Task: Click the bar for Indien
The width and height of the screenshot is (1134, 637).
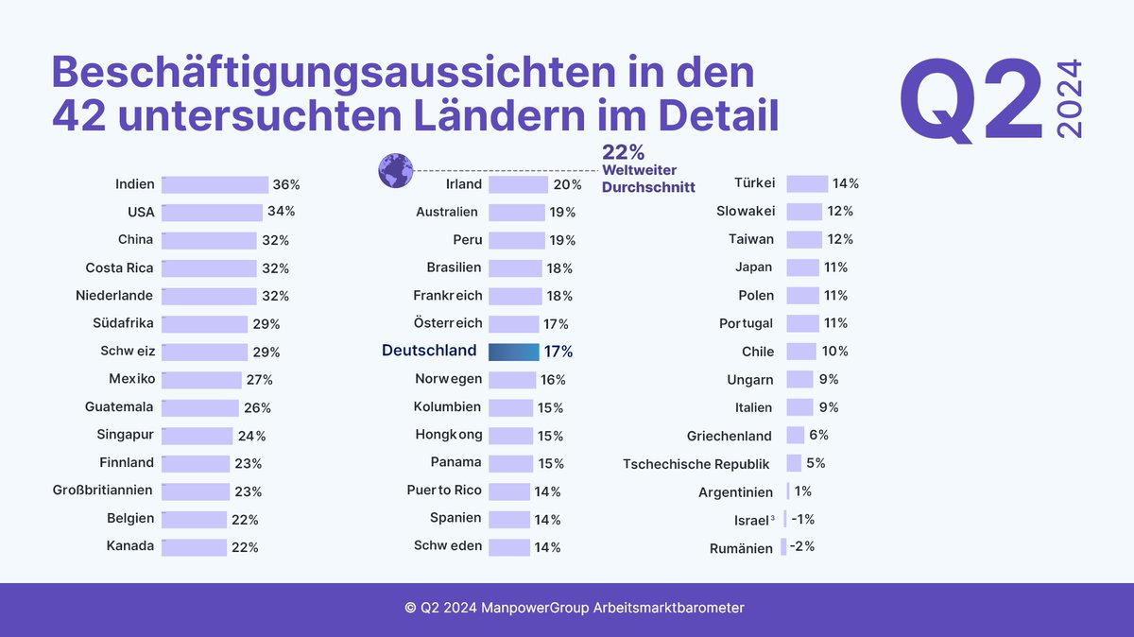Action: (x=215, y=184)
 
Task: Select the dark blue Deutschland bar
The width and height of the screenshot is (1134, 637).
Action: (x=513, y=352)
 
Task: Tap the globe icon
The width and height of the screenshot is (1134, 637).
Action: (x=395, y=170)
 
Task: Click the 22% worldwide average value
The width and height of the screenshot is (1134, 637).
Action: (x=623, y=152)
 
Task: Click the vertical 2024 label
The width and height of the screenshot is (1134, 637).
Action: (x=1070, y=99)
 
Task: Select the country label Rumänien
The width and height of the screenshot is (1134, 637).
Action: (x=741, y=548)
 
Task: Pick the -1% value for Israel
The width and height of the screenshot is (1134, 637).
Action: (x=802, y=520)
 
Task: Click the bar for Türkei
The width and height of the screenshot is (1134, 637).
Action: (x=807, y=183)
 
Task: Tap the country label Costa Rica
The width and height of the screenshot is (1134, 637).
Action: (x=119, y=268)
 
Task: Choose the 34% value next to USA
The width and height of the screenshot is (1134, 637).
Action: (x=281, y=211)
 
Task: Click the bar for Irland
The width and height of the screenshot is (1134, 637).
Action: (x=518, y=184)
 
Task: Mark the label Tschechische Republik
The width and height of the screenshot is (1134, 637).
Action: (x=696, y=464)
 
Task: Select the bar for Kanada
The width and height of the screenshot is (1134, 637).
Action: (x=194, y=547)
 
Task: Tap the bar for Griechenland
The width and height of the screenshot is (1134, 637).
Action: (x=795, y=436)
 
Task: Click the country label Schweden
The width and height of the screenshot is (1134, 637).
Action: (x=447, y=546)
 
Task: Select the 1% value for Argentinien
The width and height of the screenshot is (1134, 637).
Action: (x=803, y=491)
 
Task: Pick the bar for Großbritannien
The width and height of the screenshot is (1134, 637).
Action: (x=196, y=491)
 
